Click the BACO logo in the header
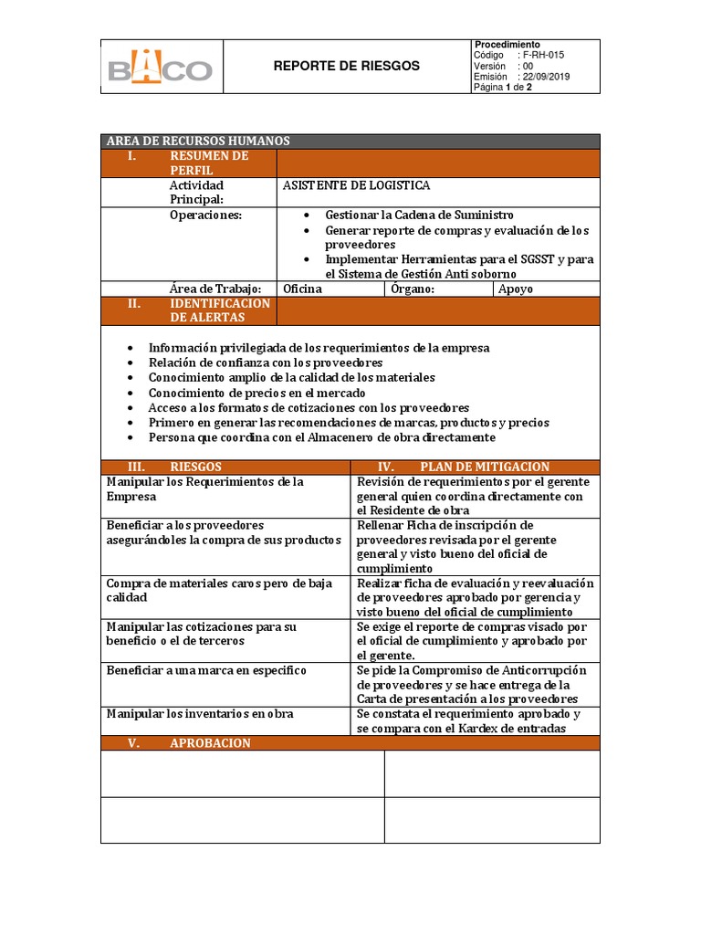click(x=161, y=68)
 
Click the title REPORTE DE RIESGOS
click(x=347, y=66)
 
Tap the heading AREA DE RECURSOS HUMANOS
click(x=198, y=141)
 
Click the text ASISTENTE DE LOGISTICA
click(x=356, y=185)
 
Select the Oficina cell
click(x=303, y=289)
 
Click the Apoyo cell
click(x=516, y=289)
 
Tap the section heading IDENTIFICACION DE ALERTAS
click(x=219, y=310)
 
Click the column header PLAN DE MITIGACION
click(x=484, y=467)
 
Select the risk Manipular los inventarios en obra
click(x=200, y=714)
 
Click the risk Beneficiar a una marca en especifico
click(x=206, y=670)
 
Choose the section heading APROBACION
click(x=210, y=743)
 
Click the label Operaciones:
click(x=205, y=215)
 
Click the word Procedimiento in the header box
click(x=507, y=45)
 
